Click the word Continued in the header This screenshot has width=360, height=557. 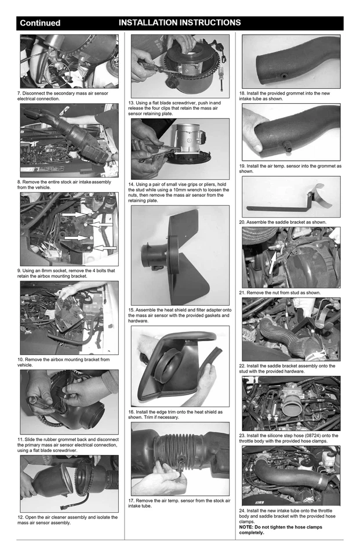pos(40,23)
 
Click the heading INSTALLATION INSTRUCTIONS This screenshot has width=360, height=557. pos(180,23)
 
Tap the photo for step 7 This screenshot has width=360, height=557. pos(69,61)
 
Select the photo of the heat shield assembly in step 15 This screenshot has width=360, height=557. pos(180,255)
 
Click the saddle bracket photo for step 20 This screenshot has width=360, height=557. pos(291,197)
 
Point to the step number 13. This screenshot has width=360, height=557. pos(132,103)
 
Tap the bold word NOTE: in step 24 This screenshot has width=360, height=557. pos(250,527)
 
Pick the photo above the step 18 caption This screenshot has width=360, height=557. pos(291,62)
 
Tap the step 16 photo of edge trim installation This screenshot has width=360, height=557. pos(180,366)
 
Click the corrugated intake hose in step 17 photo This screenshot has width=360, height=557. pos(180,450)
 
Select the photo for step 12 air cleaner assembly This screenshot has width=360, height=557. pos(69,483)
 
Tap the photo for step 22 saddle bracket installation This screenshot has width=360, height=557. pos(291,329)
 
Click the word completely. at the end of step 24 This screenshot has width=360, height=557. pos(252,533)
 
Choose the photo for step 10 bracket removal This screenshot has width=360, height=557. pos(69,317)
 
